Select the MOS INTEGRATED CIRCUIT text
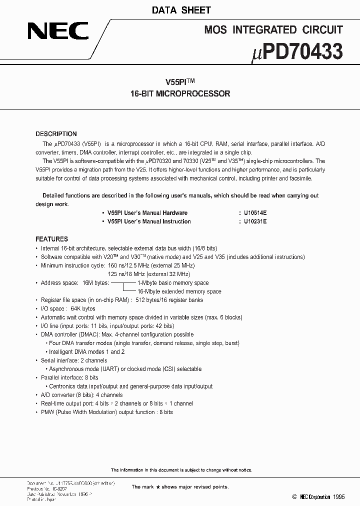pos(273,30)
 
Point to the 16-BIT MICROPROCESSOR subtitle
pos(180,93)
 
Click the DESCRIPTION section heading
pos(56,134)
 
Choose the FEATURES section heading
pos(51,239)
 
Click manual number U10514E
pos(255,213)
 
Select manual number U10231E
pos(255,221)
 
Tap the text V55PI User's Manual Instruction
pos(149,221)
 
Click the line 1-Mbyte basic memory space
pos(173,283)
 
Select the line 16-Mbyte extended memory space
pos(179,291)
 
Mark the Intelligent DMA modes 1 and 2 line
pos(87,351)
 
